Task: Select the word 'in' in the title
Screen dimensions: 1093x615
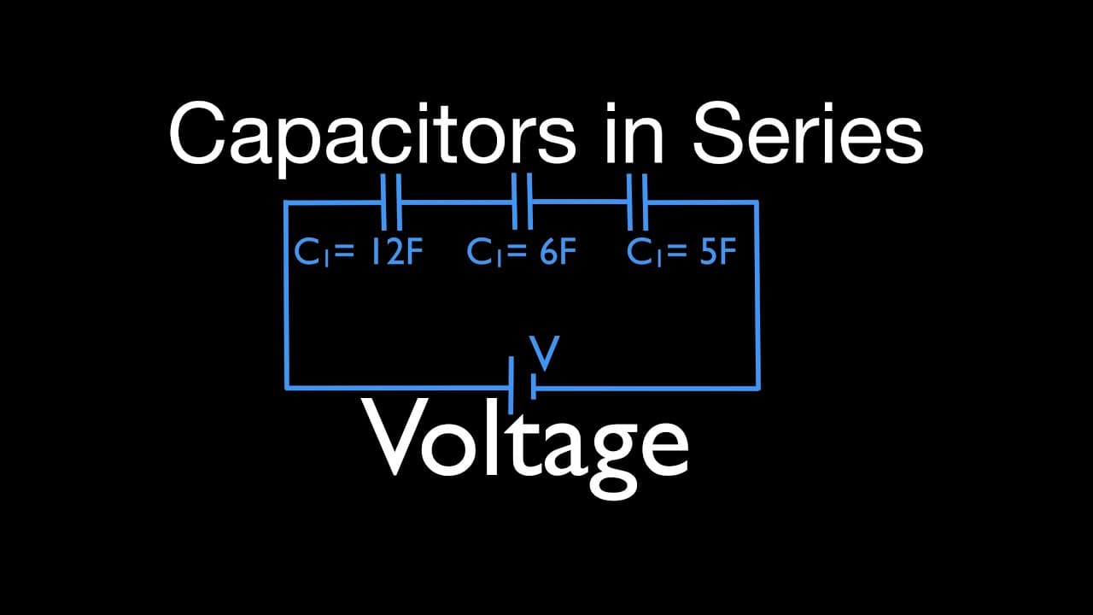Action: coord(634,132)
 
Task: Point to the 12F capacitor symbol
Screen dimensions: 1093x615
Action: coord(392,202)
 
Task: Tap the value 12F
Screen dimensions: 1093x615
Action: coord(397,251)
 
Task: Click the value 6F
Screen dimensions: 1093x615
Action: coord(558,251)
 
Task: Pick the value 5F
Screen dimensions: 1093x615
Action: coord(718,251)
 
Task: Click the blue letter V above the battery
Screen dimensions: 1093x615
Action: coord(545,353)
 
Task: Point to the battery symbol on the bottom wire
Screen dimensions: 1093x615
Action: coord(522,385)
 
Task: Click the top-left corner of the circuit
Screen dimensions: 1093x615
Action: coord(287,202)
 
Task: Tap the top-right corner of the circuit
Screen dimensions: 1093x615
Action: coord(757,202)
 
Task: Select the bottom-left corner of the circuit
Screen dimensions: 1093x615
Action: coord(287,388)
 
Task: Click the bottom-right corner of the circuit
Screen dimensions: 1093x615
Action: coord(757,389)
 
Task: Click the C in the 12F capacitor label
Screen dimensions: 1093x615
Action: coord(307,251)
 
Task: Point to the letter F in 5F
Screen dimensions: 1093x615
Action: coord(728,251)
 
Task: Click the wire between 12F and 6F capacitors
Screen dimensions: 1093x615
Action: coord(457,201)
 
